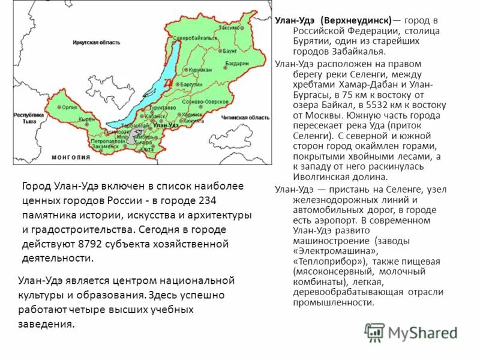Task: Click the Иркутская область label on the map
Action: pos(96,43)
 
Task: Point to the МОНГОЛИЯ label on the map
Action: pos(71,157)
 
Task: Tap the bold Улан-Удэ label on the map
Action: pos(166,125)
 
